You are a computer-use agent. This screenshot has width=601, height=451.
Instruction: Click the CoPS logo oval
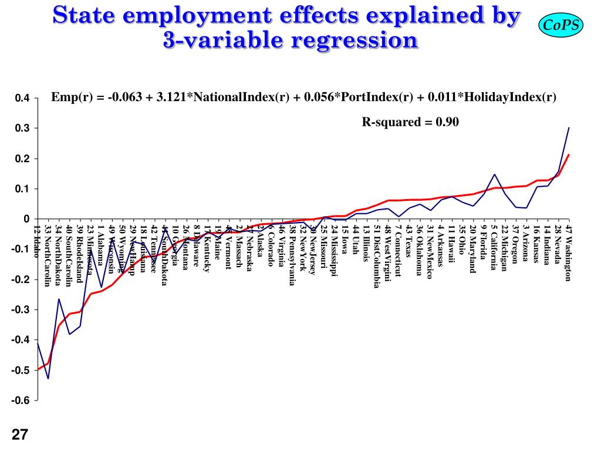pos(560,25)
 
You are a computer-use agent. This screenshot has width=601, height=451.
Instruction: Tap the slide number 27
pos(19,435)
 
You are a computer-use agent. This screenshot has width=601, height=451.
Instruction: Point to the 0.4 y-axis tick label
pos(22,98)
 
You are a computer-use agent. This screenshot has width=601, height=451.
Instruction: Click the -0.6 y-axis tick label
pos(21,400)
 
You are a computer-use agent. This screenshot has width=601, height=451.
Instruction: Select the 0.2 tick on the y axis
pos(22,159)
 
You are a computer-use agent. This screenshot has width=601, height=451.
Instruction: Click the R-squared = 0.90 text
pos(410,122)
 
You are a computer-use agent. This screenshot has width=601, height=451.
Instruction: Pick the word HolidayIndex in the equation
pos(509,97)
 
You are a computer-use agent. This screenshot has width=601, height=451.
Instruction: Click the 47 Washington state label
pos(569,253)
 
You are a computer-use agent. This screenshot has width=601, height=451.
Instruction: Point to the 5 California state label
pos(494,247)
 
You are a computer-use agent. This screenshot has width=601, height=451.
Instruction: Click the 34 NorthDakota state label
pos(59,255)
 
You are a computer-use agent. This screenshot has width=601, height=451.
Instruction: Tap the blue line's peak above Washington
pos(569,127)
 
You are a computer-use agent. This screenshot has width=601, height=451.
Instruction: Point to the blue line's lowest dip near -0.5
pos(48,378)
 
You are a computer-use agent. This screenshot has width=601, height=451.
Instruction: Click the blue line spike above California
pos(495,174)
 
